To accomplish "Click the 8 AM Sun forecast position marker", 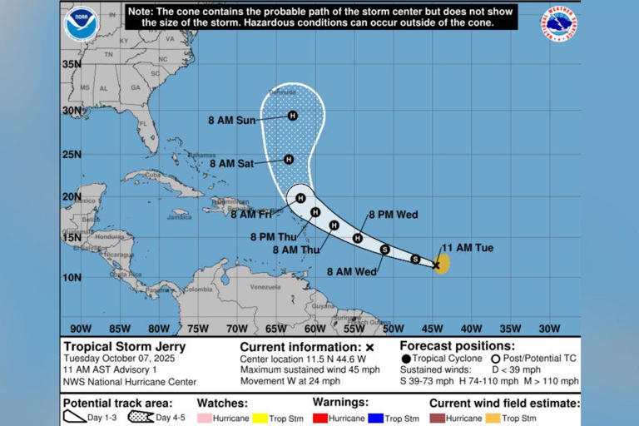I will click(x=292, y=116).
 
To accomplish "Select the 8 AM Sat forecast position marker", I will click(x=289, y=159).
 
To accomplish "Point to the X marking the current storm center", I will click(x=436, y=265).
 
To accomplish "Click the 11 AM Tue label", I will click(x=468, y=248).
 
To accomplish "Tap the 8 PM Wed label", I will click(x=393, y=215).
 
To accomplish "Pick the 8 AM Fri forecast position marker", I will click(x=300, y=198).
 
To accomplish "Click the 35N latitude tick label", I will click(x=72, y=64).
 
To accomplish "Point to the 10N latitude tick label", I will click(x=72, y=277).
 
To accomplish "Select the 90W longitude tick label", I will click(x=81, y=328).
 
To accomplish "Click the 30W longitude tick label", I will click(x=549, y=328).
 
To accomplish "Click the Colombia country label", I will click(x=198, y=290).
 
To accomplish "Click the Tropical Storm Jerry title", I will click(x=125, y=347).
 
